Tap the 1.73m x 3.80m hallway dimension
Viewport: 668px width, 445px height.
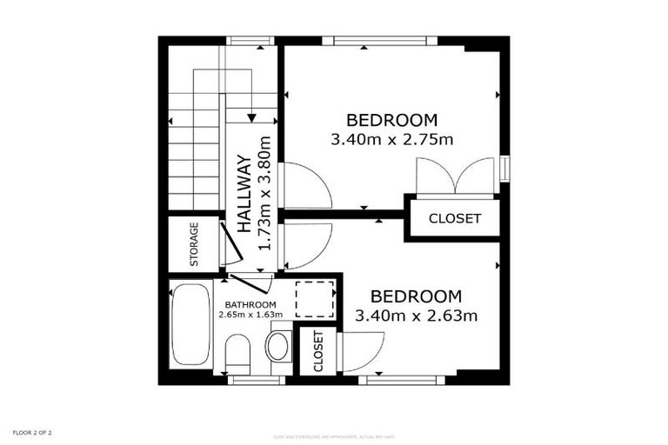265,193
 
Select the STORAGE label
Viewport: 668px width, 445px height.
194,244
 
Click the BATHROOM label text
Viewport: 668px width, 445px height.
251,304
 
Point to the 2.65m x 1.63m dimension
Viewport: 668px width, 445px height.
251,315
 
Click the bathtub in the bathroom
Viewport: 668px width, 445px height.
190,324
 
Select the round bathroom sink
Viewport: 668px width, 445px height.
278,346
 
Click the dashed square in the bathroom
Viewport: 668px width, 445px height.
314,300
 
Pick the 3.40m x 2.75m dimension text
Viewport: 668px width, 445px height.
392,138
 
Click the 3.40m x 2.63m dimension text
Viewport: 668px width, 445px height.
416,315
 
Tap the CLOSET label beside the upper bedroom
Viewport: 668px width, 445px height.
455,219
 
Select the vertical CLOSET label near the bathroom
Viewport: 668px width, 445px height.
318,351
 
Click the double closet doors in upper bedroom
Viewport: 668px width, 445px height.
455,176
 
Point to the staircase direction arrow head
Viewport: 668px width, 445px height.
250,117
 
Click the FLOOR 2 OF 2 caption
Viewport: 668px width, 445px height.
32,432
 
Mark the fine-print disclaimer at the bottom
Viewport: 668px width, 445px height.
333,436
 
